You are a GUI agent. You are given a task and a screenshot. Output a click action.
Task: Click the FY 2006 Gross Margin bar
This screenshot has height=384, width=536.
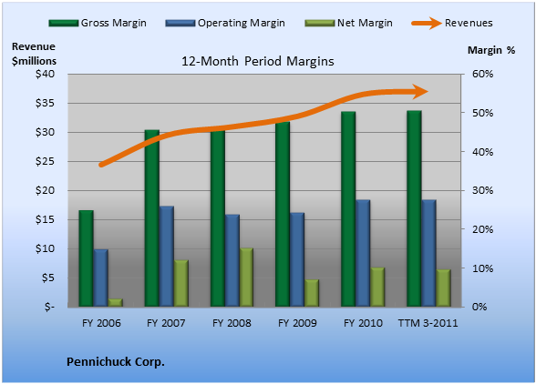click(86, 258)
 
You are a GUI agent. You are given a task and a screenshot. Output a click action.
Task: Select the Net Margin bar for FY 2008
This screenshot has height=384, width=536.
click(246, 278)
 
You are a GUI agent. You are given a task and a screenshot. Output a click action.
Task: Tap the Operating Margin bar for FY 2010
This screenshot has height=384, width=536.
click(363, 253)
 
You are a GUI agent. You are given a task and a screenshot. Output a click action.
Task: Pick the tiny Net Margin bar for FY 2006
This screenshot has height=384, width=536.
click(116, 303)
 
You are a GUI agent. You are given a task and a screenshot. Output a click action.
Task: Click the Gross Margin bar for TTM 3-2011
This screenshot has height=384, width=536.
click(414, 208)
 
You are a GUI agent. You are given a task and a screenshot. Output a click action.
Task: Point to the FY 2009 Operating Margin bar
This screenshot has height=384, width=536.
click(297, 259)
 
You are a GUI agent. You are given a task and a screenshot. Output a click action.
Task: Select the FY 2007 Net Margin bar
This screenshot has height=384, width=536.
click(181, 283)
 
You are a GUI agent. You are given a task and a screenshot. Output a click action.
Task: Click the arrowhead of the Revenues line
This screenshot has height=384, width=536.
click(420, 92)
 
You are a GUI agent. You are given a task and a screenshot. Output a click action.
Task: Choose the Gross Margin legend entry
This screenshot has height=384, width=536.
click(98, 23)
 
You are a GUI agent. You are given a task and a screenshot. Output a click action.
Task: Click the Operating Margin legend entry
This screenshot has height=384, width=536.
click(225, 23)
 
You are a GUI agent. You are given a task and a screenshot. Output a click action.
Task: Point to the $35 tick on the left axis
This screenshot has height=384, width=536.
click(45, 103)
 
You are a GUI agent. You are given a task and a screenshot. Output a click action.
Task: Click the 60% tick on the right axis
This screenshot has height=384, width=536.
click(483, 74)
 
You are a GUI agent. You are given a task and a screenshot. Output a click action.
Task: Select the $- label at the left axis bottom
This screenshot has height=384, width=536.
click(49, 307)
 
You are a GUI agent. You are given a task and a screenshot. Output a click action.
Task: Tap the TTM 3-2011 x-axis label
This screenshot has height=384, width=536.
click(428, 323)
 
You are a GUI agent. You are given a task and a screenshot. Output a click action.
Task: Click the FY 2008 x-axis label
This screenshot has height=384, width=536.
click(232, 323)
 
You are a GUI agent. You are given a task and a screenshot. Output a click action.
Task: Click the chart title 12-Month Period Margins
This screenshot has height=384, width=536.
click(258, 61)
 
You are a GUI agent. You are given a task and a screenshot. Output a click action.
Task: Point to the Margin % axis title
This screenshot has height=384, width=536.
click(491, 50)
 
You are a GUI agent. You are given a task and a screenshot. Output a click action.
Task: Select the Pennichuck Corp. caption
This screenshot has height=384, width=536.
click(116, 362)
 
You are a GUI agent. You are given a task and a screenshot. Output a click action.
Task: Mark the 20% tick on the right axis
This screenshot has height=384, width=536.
click(483, 229)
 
